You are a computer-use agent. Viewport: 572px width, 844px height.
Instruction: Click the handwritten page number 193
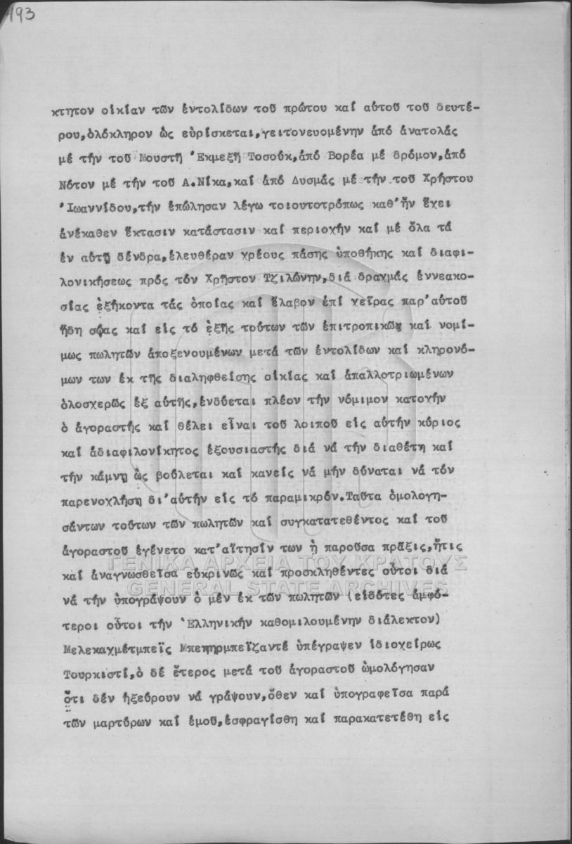pos(20,15)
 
